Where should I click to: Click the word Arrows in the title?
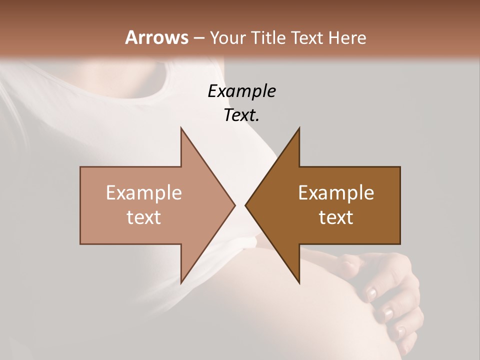click(x=156, y=37)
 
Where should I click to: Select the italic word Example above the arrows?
click(x=241, y=91)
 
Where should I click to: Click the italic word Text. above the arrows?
click(x=241, y=115)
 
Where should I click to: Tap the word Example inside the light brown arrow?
click(x=144, y=193)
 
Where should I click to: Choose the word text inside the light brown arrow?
click(x=144, y=217)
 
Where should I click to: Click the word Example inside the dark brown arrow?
click(x=336, y=193)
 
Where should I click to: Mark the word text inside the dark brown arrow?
click(x=336, y=217)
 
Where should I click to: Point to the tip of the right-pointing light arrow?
click(x=235, y=205)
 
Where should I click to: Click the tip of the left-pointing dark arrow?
click(x=245, y=205)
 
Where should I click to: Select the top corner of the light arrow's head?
click(x=181, y=127)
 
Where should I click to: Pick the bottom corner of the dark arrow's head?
click(x=299, y=283)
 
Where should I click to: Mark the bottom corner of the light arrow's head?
click(x=181, y=283)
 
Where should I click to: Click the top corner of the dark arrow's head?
click(x=299, y=127)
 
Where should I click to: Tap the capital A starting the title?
click(x=131, y=37)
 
